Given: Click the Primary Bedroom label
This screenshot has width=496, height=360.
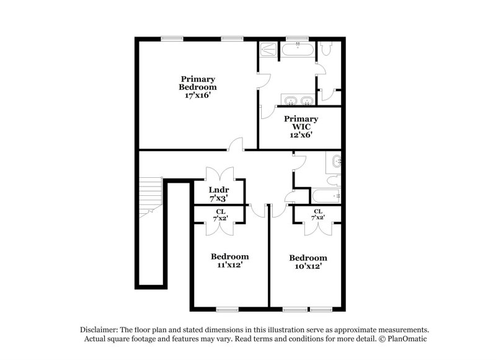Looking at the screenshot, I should [x=198, y=83].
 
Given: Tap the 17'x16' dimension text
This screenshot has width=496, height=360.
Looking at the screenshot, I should [x=198, y=96].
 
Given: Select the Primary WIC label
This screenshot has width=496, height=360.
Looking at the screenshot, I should [x=301, y=123].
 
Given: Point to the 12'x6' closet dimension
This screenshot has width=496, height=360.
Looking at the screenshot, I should [x=301, y=134].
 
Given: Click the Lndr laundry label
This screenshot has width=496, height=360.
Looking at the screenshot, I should [x=219, y=190].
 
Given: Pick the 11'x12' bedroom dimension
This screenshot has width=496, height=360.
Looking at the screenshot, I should [x=229, y=265].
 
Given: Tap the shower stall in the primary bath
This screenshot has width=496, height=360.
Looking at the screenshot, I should [x=268, y=50].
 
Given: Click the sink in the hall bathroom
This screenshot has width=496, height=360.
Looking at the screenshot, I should [x=337, y=162].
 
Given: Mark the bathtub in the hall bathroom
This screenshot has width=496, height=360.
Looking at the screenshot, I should [x=327, y=196].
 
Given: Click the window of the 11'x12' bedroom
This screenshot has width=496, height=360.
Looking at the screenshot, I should [x=228, y=308].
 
